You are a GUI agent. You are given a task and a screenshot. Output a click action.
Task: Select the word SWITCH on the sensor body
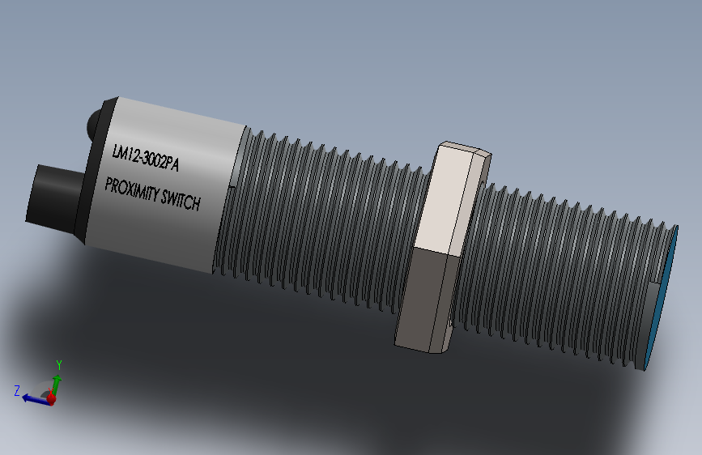click(180, 201)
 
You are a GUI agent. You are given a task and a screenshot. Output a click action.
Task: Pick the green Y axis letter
click(58, 364)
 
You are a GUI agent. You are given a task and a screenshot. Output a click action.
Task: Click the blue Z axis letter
click(16, 390)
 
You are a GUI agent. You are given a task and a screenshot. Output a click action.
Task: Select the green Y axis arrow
click(57, 382)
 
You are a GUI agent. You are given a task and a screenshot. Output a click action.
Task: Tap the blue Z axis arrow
click(34, 398)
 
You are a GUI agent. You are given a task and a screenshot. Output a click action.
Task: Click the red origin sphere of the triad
click(52, 398)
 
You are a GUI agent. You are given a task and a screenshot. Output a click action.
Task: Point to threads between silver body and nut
click(324, 219)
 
